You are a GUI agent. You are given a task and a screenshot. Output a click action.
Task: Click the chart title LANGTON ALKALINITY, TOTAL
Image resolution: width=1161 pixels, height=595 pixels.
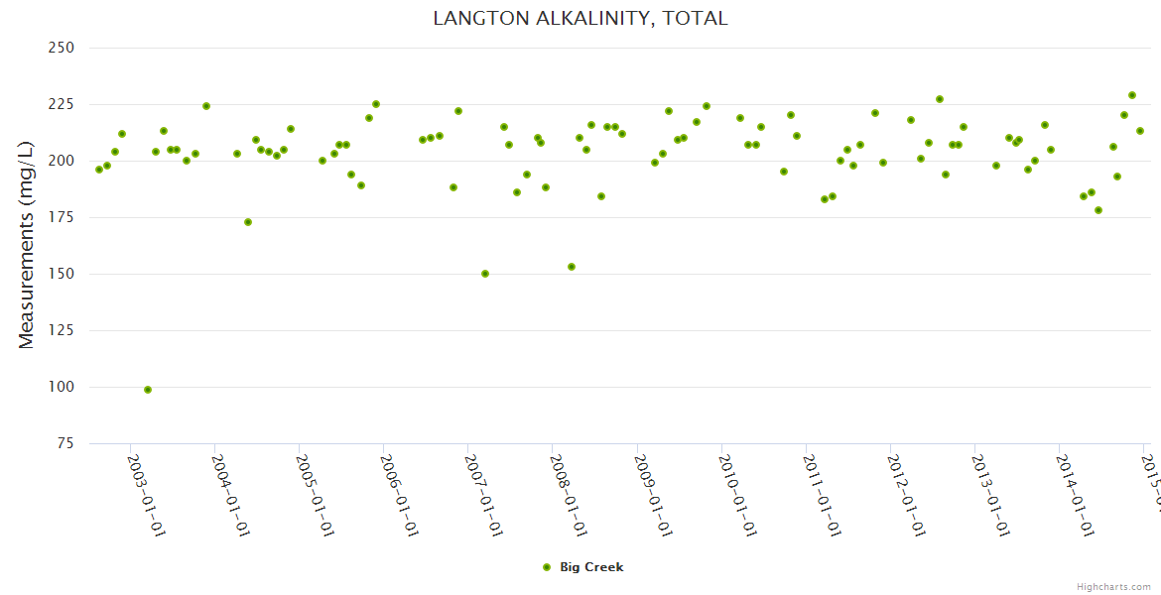[580, 18]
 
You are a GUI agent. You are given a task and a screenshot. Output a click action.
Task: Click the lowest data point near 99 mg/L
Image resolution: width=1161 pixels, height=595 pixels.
[148, 390]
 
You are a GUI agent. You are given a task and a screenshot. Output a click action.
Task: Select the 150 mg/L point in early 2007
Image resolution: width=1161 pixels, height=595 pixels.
[485, 274]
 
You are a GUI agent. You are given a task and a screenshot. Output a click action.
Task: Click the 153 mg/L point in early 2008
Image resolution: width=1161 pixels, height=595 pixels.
[572, 267]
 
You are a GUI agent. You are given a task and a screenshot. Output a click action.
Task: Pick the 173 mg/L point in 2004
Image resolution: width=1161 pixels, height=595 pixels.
[248, 222]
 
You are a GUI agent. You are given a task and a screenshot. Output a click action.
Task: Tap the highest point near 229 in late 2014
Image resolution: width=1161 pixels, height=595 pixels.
[1132, 95]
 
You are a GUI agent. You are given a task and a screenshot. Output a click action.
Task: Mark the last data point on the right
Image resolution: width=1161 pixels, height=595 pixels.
[1140, 131]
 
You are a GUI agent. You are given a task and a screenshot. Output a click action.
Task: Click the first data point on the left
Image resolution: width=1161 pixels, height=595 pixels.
[99, 170]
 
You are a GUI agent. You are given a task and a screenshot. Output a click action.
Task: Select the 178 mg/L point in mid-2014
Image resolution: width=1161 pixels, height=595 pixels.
[1098, 210]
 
